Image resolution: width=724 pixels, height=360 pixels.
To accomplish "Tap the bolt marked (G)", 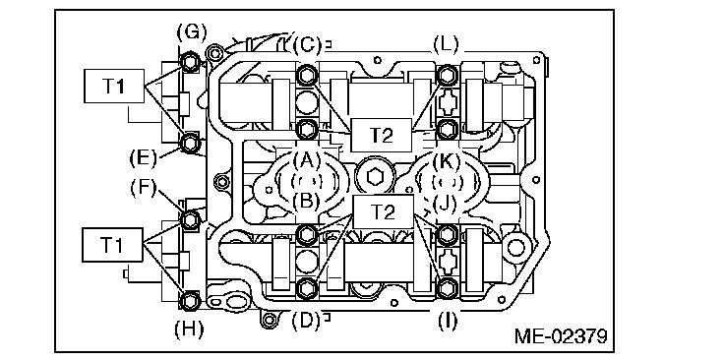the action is click(x=189, y=62).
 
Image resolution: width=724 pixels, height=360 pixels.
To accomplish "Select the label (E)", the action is click(x=144, y=157).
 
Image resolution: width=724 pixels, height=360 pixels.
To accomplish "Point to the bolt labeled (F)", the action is click(x=189, y=219).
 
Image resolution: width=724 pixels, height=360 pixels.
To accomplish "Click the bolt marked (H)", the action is click(x=189, y=300).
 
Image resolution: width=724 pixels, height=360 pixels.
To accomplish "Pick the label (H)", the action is click(x=189, y=330).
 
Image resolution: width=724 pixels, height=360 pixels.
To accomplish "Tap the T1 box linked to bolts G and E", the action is click(x=113, y=86).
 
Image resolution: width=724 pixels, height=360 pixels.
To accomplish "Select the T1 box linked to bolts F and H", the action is click(x=113, y=245).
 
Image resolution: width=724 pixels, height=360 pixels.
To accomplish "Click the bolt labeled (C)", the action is click(x=306, y=75).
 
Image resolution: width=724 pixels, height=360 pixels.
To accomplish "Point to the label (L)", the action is click(x=446, y=45).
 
